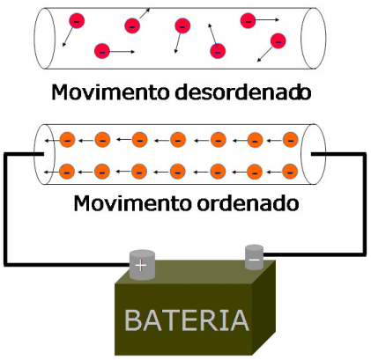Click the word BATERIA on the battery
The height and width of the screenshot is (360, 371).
(187, 320)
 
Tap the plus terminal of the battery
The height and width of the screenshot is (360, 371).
(142, 265)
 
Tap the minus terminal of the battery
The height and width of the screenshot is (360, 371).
(254, 257)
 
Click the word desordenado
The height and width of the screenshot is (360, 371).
(242, 92)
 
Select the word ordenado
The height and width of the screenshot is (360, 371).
(248, 203)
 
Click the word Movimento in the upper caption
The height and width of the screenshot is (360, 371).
(111, 92)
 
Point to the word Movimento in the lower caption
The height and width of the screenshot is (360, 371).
(133, 203)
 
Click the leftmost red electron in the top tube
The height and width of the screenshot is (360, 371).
(77, 21)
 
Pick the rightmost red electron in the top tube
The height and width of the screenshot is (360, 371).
(278, 40)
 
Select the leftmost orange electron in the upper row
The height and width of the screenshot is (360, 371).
(68, 140)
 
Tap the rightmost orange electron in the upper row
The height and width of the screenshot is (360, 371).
(291, 140)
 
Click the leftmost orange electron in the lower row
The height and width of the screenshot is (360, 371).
(67, 172)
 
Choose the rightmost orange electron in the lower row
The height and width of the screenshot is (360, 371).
(290, 172)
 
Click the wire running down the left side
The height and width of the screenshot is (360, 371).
(5, 209)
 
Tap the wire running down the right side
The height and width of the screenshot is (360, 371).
(365, 204)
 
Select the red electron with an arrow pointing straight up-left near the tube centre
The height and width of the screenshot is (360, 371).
(218, 51)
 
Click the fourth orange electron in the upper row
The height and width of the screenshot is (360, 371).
(178, 140)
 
